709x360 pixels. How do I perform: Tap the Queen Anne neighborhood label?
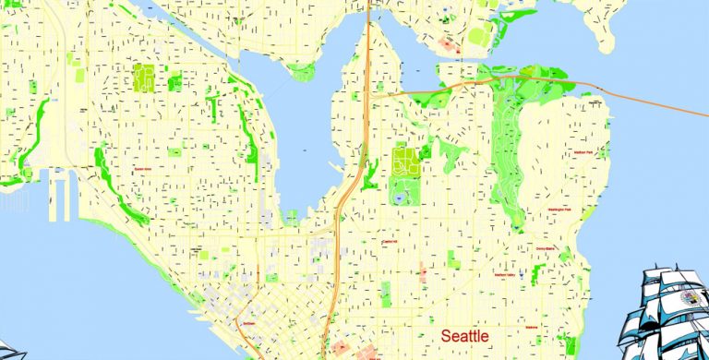pyautogui.click(x=142, y=169)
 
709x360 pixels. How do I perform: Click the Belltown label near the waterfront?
pyautogui.click(x=246, y=323)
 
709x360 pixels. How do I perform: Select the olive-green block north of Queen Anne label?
pyautogui.click(x=144, y=78)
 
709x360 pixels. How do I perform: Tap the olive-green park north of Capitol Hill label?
pyautogui.click(x=404, y=163)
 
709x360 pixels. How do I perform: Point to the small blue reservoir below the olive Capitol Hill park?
pyautogui.click(x=399, y=197)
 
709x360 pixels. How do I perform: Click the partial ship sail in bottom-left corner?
pyautogui.click(x=11, y=352)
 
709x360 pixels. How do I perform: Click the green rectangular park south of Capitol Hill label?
pyautogui.click(x=385, y=293)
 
